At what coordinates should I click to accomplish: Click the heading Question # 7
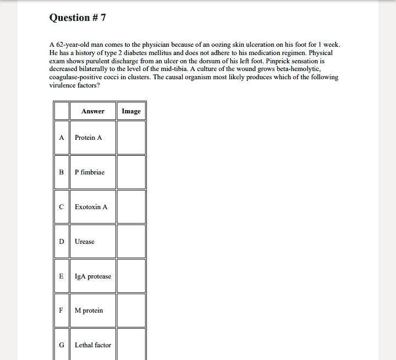pos(78,18)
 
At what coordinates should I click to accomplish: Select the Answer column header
pos(92,111)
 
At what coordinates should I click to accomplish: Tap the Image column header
pos(131,111)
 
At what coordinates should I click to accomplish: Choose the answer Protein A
pos(89,138)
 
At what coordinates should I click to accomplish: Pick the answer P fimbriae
pos(90,172)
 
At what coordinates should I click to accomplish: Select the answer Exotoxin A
pos(91,207)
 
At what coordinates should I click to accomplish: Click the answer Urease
pos(85,242)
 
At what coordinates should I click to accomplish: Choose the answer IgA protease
pos(93,276)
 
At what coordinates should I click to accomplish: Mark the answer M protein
pos(89,310)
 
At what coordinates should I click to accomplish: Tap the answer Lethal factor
pos(93,345)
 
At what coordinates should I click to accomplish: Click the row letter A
pos(62,138)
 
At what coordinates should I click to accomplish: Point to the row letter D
pos(62,242)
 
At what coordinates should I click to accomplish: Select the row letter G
pos(62,345)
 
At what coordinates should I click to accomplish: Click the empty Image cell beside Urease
pos(131,242)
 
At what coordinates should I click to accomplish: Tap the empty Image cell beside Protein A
pos(131,138)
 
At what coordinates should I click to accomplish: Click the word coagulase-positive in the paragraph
pos(77,78)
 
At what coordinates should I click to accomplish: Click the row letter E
pos(62,276)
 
